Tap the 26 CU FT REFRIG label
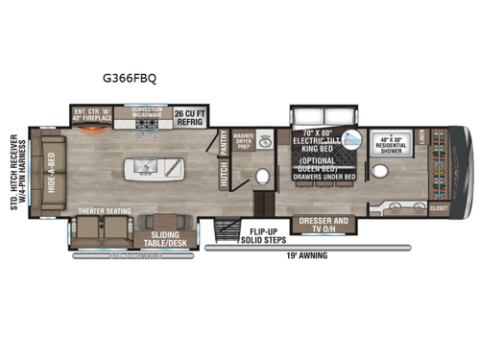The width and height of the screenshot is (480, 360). tap(192, 118)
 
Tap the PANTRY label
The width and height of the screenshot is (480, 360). tap(224, 143)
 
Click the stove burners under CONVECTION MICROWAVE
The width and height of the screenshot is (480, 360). tap(149, 124)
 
